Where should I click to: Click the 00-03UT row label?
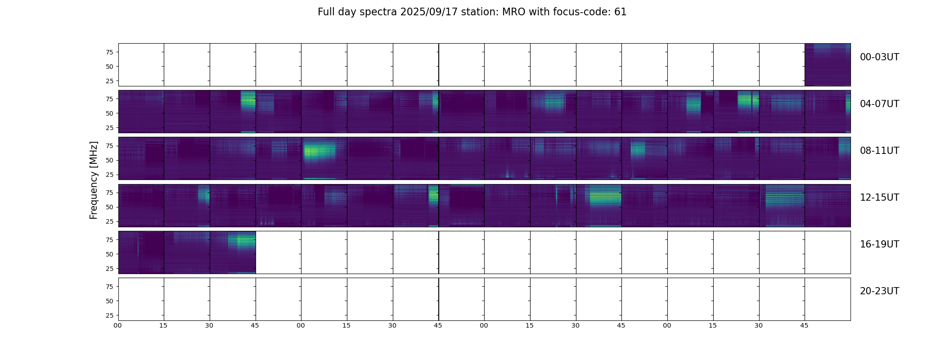point(879,57)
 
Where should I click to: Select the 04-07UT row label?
point(879,104)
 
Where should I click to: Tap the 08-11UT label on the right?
point(879,151)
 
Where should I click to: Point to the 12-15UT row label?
point(879,198)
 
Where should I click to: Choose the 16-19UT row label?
point(879,244)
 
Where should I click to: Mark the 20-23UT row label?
point(879,291)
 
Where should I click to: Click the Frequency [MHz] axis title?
point(94,180)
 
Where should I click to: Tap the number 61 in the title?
point(620,12)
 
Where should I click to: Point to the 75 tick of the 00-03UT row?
point(109,52)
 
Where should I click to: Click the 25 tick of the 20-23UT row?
point(109,315)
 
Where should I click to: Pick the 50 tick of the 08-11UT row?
point(109,160)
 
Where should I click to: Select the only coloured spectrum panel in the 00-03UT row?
point(827,65)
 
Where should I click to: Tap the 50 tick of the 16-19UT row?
point(109,254)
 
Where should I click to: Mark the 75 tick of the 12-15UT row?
point(109,193)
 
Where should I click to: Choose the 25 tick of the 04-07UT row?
point(109,128)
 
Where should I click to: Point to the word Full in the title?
point(326,12)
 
